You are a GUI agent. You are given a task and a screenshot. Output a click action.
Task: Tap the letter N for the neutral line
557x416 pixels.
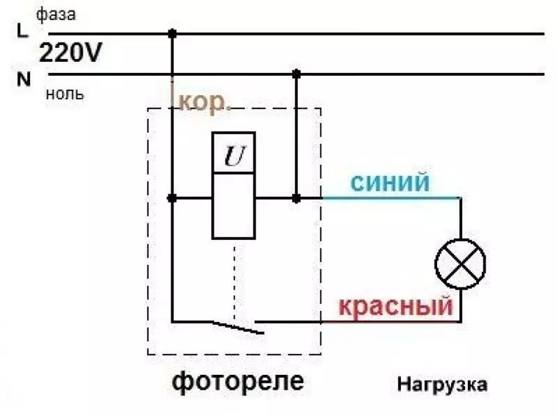[x=24, y=79]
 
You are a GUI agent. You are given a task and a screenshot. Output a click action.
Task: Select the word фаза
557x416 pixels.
[x=56, y=15]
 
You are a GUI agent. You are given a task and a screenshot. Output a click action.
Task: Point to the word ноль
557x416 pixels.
[x=65, y=94]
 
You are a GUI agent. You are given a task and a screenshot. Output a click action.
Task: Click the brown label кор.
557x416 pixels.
[x=205, y=102]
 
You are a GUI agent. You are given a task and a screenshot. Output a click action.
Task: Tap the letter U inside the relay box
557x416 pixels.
[x=234, y=157]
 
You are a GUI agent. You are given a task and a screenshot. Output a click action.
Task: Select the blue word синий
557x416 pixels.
[x=389, y=183]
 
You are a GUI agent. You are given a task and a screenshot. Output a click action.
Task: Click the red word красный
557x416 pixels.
[x=395, y=305]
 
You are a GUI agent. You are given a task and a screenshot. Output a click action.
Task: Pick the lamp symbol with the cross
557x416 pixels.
[x=460, y=264]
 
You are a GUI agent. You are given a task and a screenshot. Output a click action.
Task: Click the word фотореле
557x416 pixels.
[x=237, y=381]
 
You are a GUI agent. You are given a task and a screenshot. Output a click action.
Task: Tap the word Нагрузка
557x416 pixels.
[x=443, y=384]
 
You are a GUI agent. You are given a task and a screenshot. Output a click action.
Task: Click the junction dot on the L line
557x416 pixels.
[x=172, y=33]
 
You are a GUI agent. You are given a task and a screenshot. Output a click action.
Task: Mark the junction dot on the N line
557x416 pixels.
[x=297, y=73]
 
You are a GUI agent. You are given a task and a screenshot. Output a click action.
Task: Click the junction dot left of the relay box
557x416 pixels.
[x=172, y=198]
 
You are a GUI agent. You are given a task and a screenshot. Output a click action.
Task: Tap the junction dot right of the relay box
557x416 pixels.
[x=297, y=198]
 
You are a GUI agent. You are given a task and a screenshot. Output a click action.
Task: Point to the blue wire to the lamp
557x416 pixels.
[x=390, y=198]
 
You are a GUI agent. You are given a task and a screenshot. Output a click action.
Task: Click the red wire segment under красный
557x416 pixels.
[x=390, y=321]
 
